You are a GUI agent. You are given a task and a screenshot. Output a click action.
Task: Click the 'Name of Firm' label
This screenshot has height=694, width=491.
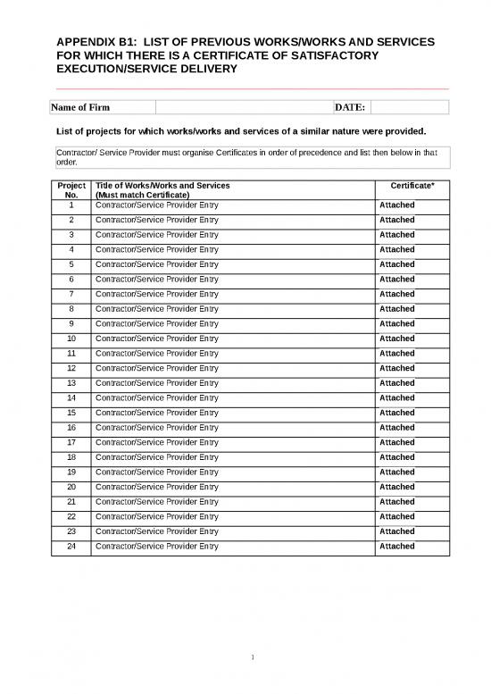coord(80,108)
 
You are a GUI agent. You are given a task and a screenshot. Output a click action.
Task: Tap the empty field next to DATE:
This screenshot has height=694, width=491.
coord(408,108)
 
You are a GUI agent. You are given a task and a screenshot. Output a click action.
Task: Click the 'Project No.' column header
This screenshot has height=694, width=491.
coord(71,189)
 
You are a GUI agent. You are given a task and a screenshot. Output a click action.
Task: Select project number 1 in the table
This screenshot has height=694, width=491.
coord(71,205)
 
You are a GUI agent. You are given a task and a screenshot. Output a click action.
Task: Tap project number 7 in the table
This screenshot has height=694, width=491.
coord(71,294)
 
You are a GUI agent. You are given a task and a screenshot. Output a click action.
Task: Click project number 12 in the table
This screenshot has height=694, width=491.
coord(71,368)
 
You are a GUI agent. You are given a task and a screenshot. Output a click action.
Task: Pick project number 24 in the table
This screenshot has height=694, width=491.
coord(71,546)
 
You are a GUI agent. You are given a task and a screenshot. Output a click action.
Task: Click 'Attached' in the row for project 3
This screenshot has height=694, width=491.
coord(397,235)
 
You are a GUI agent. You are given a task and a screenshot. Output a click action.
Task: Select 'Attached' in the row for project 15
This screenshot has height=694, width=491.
coord(397,413)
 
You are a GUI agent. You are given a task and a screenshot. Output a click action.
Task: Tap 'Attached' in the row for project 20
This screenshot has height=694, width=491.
coord(397,487)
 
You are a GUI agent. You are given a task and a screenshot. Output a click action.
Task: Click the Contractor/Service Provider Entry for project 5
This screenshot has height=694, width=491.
coord(156,264)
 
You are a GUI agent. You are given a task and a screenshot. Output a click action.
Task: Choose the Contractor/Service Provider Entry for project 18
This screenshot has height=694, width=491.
coord(156,457)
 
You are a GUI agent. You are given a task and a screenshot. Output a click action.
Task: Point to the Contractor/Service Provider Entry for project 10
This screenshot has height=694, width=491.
coord(156,339)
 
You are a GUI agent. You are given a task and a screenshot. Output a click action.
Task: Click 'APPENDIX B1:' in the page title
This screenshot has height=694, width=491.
coord(96,43)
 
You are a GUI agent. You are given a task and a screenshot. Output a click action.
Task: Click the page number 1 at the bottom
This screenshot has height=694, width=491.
coord(254,659)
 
